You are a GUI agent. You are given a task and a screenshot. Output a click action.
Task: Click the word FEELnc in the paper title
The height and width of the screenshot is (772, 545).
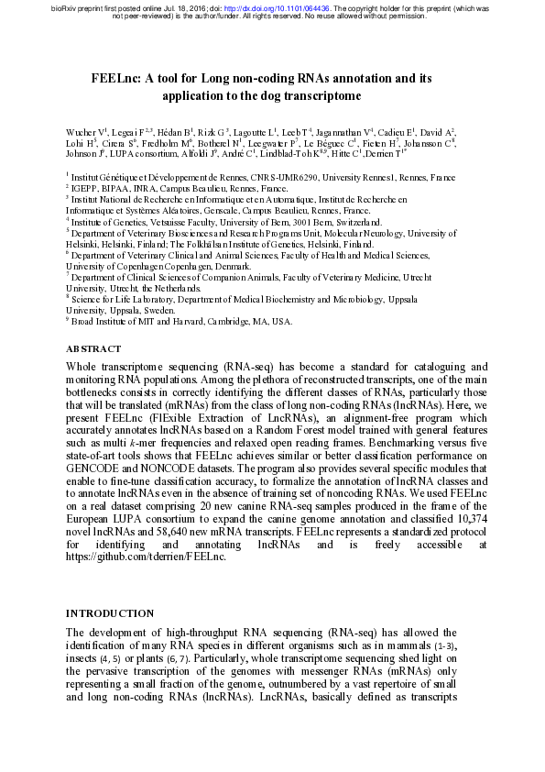[114, 79]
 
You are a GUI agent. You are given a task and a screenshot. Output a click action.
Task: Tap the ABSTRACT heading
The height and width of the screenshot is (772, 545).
[93, 349]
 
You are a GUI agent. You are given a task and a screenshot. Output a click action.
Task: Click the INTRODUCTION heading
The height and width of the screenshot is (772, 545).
[110, 613]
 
